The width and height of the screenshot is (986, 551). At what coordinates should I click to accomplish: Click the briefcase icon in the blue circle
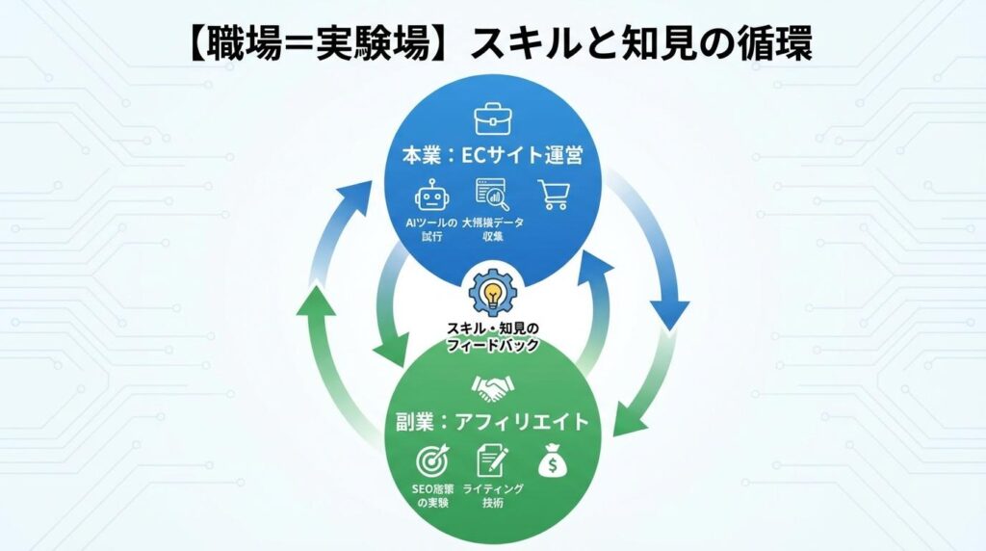pyautogui.click(x=492, y=119)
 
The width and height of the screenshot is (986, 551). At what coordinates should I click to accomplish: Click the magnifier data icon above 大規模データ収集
pyautogui.click(x=492, y=194)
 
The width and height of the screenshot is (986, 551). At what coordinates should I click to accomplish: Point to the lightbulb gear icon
pyautogui.click(x=492, y=293)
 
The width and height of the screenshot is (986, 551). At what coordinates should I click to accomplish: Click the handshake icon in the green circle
pyautogui.click(x=492, y=387)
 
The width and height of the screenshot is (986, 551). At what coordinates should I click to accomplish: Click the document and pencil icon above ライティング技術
pyautogui.click(x=492, y=459)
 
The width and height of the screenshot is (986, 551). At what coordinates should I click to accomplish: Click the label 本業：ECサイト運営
pyautogui.click(x=492, y=154)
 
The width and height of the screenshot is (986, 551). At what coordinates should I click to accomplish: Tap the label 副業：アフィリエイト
pyautogui.click(x=492, y=422)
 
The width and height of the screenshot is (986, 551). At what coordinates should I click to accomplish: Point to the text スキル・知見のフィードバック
pyautogui.click(x=492, y=336)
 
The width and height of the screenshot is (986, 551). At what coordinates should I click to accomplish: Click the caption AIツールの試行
pyautogui.click(x=431, y=231)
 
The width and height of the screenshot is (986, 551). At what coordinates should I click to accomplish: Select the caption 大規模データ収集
pyautogui.click(x=492, y=231)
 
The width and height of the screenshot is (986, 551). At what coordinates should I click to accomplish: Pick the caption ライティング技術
pyautogui.click(x=493, y=496)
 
